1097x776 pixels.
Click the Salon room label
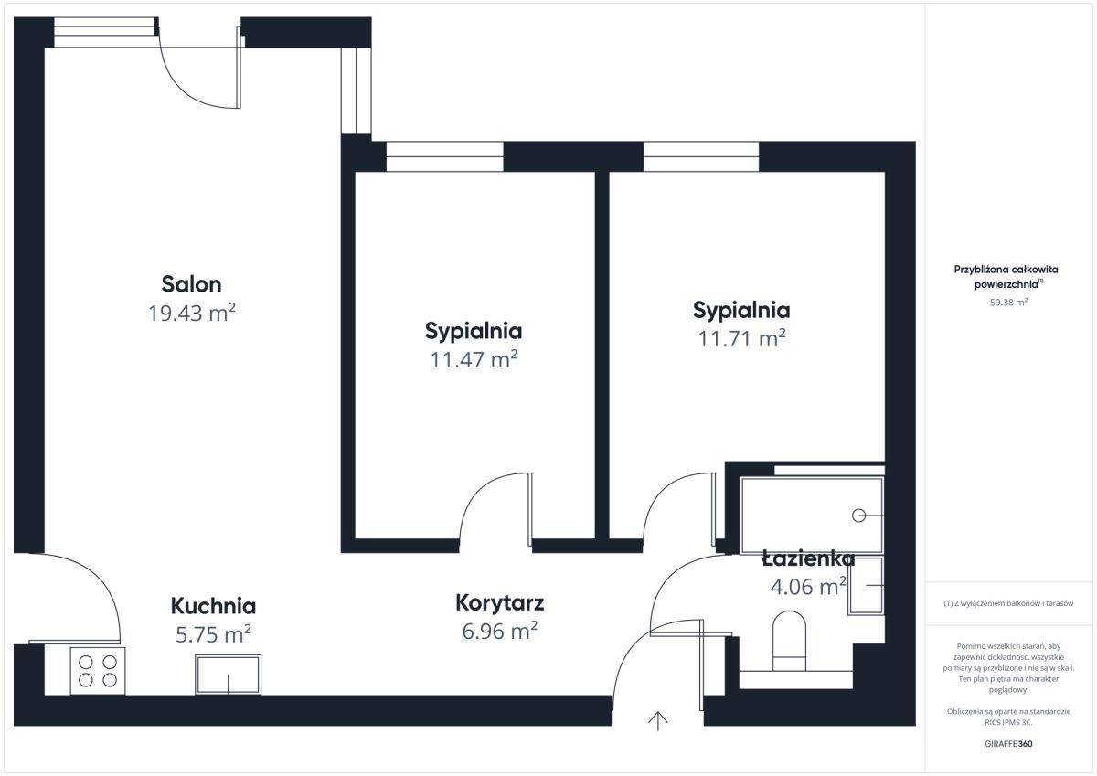pos(191,283)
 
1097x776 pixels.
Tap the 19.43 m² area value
pos(192,313)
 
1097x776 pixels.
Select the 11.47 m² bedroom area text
pos(474,359)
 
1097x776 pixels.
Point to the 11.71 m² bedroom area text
pos(741,338)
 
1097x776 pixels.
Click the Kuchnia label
pos(213,605)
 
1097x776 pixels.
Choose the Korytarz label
pos(500,602)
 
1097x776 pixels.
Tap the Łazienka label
pos(808,558)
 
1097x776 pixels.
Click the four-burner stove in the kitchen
pos(98,670)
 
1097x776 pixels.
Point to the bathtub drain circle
pos(858,516)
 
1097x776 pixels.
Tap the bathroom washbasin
pos(866,585)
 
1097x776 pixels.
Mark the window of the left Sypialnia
pos(444,156)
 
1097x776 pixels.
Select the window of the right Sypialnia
pos(700,156)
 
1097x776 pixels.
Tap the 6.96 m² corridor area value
pos(500,630)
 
